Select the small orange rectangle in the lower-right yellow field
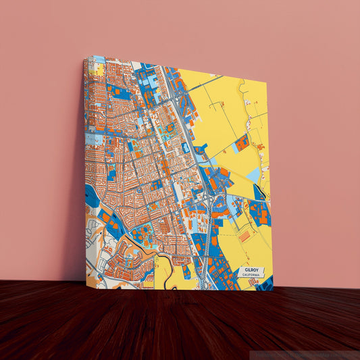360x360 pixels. coord(244,236)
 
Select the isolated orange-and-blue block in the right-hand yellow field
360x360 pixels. coord(241,143)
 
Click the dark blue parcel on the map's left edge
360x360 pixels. coord(91,196)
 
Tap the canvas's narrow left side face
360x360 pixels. coord(85,169)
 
